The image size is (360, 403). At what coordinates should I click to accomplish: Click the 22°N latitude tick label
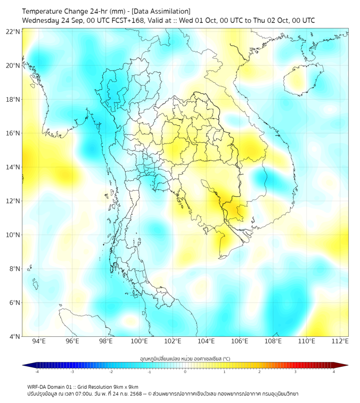[13, 31]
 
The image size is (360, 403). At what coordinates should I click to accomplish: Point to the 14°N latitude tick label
[13, 167]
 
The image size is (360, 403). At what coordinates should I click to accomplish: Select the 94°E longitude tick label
[39, 341]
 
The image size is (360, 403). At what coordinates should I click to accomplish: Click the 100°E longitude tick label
[139, 341]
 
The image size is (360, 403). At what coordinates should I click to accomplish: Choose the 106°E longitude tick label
[240, 341]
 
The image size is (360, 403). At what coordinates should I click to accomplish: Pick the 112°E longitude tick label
[340, 341]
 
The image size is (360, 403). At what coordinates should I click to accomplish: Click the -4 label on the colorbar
[36, 372]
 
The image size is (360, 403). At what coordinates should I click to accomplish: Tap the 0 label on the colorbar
[185, 372]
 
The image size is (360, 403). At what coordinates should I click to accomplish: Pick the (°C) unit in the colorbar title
[226, 358]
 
